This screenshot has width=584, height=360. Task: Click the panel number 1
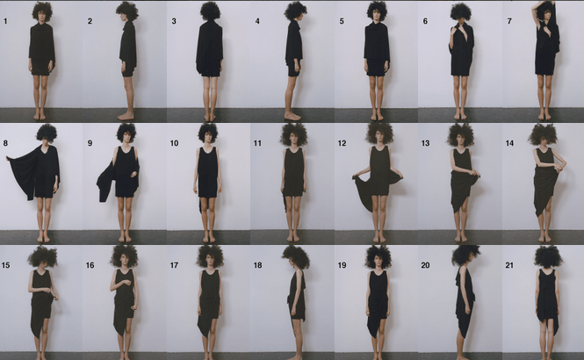5,21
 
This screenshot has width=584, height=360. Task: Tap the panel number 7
509,21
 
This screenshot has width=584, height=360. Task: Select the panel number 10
174,143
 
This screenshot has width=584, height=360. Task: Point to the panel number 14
509,143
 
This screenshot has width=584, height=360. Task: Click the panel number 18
257,265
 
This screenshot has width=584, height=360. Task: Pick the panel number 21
509,265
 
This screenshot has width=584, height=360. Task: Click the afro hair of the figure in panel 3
211,11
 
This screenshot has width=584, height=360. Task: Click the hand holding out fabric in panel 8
8,159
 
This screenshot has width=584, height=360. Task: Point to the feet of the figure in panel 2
126,116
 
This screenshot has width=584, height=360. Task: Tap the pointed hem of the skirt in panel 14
537,213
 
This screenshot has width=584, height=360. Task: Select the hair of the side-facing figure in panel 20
465,255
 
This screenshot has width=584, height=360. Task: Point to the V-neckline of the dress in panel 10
207,150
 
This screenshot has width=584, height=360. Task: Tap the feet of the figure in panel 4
293,117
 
